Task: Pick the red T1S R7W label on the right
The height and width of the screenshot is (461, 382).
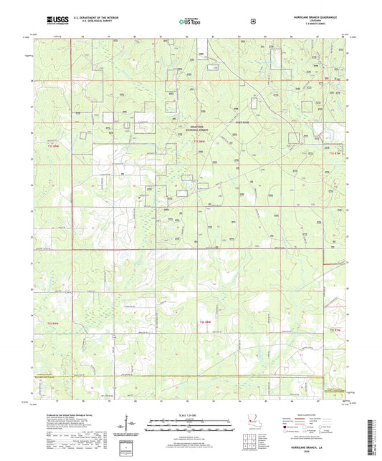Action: pyautogui.click(x=335, y=152)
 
